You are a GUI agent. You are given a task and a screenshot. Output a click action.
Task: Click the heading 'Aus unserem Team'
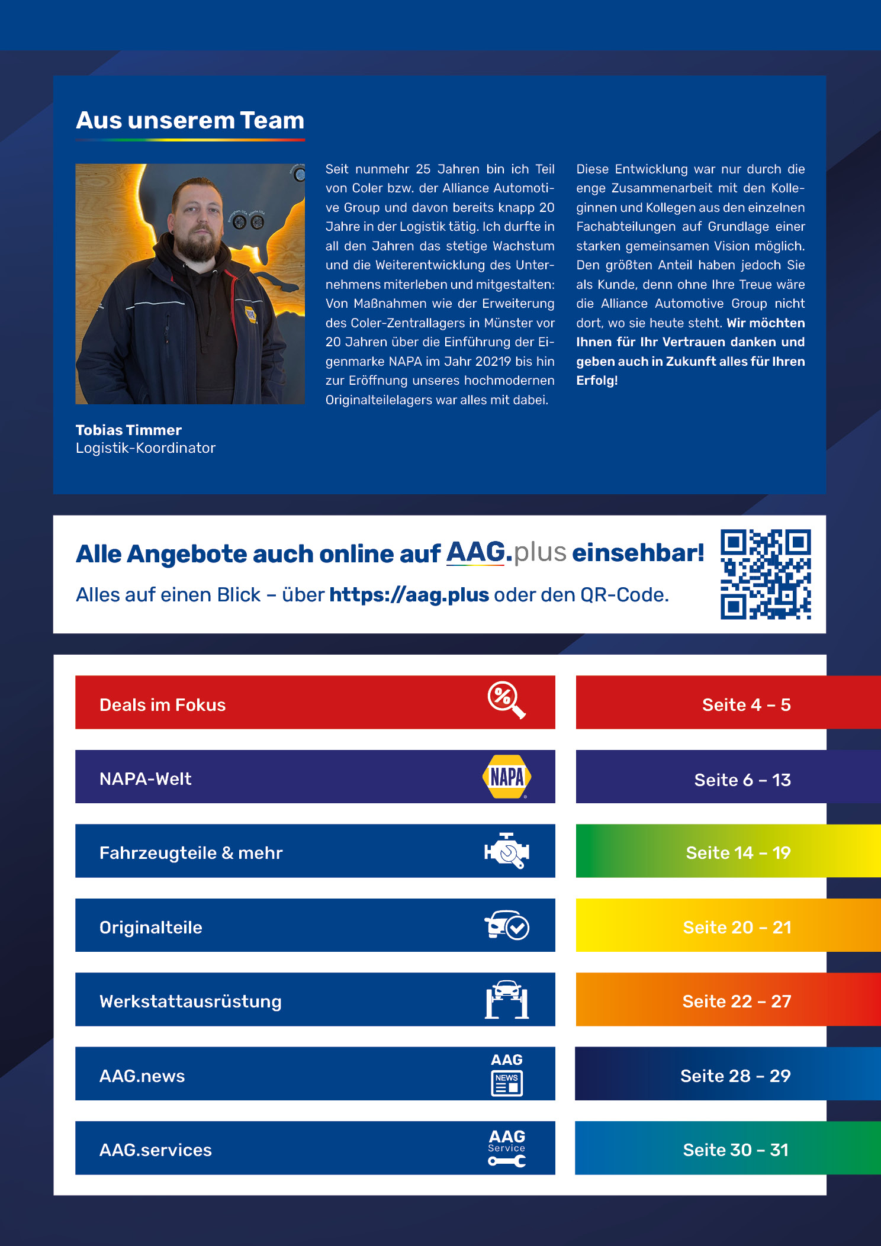click(x=189, y=121)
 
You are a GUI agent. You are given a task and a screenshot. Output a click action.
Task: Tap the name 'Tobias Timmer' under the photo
click(x=128, y=430)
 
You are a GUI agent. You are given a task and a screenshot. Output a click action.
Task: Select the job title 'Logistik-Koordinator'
click(x=146, y=448)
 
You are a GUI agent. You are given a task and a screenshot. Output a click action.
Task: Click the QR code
click(x=766, y=574)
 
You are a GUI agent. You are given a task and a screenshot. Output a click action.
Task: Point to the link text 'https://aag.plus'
click(x=409, y=595)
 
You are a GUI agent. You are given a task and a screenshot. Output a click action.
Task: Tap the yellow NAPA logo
click(x=507, y=777)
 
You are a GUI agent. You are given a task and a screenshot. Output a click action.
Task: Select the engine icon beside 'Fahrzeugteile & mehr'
click(x=507, y=851)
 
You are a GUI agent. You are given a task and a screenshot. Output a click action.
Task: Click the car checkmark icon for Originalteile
click(x=507, y=925)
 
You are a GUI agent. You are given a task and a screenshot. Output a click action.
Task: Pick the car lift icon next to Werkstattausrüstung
click(x=507, y=1000)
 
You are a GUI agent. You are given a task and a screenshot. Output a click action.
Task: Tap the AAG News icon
click(x=507, y=1074)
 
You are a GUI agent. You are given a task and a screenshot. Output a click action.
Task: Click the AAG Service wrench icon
click(x=507, y=1148)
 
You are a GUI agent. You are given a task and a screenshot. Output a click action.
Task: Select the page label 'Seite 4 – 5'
click(x=746, y=705)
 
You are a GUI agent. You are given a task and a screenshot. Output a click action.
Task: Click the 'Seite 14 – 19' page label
click(x=738, y=853)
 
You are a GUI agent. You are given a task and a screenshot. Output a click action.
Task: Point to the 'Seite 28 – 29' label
click(x=735, y=1076)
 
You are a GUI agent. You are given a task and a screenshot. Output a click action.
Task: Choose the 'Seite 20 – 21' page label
click(x=737, y=928)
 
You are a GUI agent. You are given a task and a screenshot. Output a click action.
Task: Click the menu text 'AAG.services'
click(x=156, y=1150)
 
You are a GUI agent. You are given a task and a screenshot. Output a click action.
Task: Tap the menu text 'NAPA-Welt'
click(x=146, y=779)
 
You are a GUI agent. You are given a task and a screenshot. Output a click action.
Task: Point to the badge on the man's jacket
click(x=251, y=313)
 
